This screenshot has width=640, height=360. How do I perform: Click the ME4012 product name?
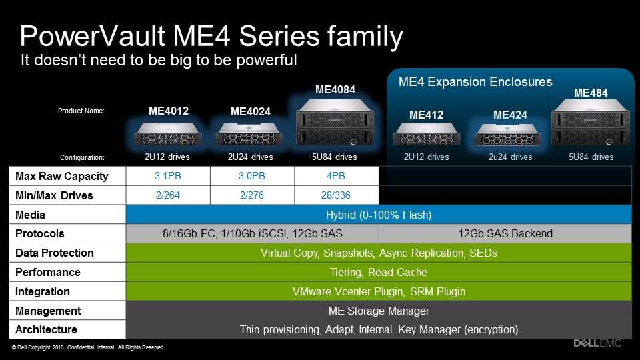[x=169, y=111]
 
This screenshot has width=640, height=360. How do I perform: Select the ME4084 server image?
[x=335, y=123]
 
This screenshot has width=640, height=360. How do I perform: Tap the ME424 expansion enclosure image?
[x=508, y=135]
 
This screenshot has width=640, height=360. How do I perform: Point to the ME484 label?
[x=591, y=93]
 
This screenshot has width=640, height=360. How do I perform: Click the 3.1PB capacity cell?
[x=168, y=176]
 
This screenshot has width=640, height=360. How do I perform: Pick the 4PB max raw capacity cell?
[x=336, y=176]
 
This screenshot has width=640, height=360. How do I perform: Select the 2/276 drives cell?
[x=252, y=195]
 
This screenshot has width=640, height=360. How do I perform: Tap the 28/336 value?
[x=336, y=195]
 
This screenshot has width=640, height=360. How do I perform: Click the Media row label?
[x=30, y=215]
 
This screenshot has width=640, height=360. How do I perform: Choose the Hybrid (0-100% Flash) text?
[x=379, y=215]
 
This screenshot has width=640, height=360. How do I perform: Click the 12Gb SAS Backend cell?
[x=505, y=233]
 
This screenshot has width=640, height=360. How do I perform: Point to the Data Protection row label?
[x=55, y=253]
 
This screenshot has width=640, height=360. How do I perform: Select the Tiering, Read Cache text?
[x=379, y=272]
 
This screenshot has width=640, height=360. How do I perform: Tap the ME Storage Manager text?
[x=379, y=311]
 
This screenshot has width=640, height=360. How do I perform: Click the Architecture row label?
[x=46, y=329]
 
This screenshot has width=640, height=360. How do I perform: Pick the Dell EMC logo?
[x=597, y=343]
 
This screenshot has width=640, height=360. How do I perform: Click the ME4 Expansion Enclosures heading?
[x=475, y=81]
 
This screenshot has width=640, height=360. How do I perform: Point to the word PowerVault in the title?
[x=93, y=36]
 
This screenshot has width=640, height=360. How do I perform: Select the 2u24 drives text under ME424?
[x=510, y=157]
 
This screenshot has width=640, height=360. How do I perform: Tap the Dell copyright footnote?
[x=88, y=347]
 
